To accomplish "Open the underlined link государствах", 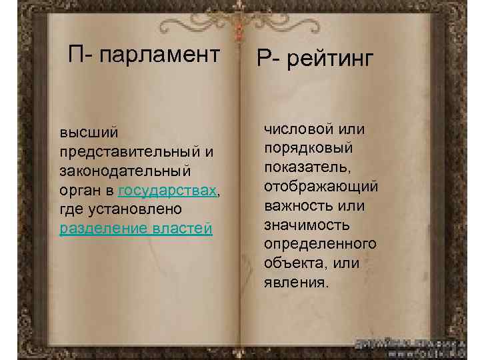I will [167, 191].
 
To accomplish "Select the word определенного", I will [320, 243].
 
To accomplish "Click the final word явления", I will [296, 282].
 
